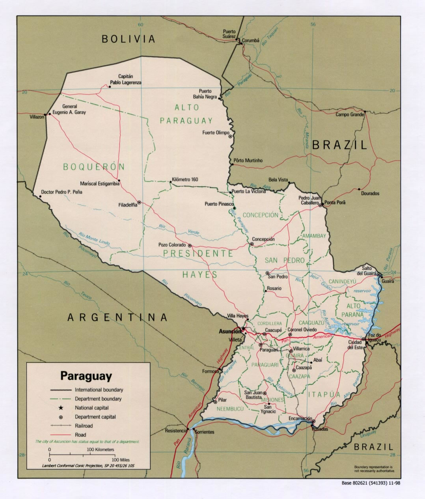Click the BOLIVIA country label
[x=129, y=39]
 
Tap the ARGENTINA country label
[x=117, y=317]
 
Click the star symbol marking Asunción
[x=244, y=329]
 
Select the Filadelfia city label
[x=128, y=205]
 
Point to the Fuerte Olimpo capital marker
[x=230, y=137]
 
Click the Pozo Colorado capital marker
[x=190, y=245]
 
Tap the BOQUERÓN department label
[x=94, y=167]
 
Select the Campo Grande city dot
[x=365, y=111]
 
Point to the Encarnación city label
[x=300, y=419]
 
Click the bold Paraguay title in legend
[x=86, y=376]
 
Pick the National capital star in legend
[x=61, y=408]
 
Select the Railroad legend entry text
[x=84, y=426]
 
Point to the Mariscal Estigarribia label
[x=100, y=184]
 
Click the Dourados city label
[x=370, y=193]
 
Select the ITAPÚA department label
[x=324, y=394]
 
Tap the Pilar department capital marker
[x=215, y=402]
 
